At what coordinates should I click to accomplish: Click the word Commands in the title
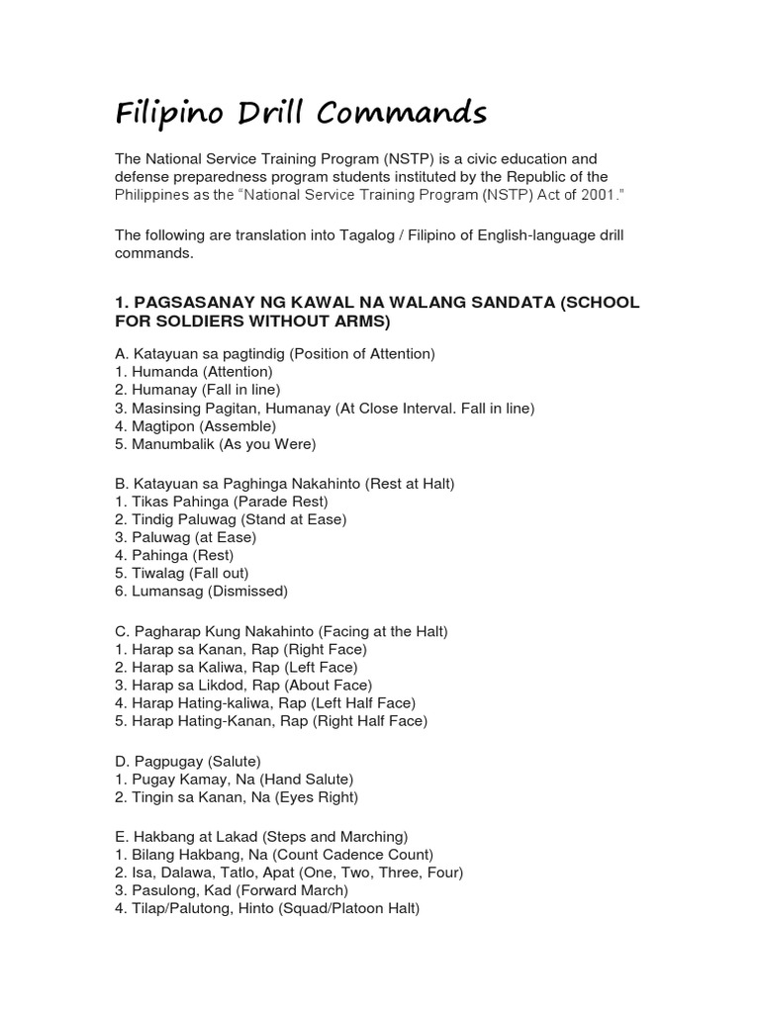(405, 114)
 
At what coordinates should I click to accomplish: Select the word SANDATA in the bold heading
(501, 303)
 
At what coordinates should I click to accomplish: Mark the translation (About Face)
(328, 685)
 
